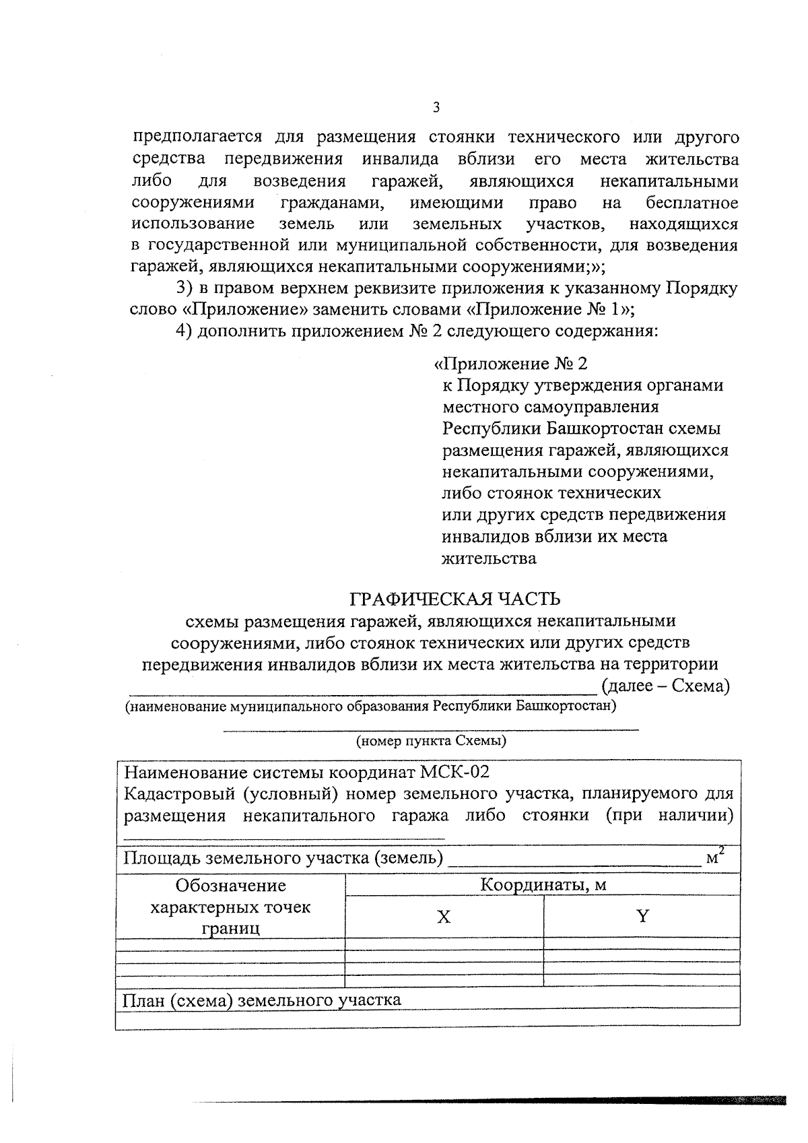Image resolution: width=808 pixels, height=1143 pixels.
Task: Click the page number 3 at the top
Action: [436, 107]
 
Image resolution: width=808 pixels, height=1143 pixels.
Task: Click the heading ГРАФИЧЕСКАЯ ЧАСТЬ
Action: [454, 598]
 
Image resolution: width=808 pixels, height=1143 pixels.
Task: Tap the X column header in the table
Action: [444, 917]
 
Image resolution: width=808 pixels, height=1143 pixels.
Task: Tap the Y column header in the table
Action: [642, 916]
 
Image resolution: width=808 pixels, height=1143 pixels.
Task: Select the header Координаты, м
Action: [543, 885]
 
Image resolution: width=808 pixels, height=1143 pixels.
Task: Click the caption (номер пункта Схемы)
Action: [431, 742]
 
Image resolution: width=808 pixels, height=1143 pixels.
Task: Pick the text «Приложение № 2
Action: [510, 364]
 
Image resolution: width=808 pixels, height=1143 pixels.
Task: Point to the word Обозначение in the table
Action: [230, 885]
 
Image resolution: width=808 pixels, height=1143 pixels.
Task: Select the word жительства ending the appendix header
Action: [489, 558]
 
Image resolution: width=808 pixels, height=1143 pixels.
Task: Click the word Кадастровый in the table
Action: [178, 793]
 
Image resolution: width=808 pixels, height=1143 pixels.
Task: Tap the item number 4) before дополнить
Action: [184, 331]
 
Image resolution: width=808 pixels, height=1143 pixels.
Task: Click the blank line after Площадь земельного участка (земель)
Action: [574, 861]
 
